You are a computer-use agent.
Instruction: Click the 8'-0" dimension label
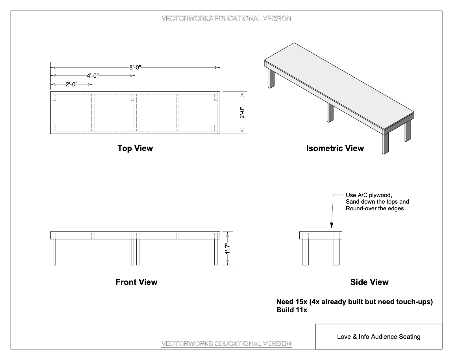(135, 67)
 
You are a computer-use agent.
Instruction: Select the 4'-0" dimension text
(93, 76)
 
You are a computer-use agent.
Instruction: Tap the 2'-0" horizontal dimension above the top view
(71, 84)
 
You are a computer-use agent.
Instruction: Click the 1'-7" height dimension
(228, 248)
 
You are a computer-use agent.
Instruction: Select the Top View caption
(135, 148)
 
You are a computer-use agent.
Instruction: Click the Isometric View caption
(335, 148)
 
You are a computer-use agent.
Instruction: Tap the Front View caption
(136, 282)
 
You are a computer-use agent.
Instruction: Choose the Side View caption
(369, 282)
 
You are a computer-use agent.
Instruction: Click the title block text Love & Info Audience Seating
(378, 337)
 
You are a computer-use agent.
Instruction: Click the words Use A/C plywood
(369, 195)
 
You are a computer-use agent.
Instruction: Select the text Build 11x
(291, 310)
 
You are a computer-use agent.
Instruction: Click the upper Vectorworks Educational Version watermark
(226, 19)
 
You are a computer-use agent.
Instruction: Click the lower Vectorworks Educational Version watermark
(226, 344)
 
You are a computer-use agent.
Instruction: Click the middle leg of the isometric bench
(330, 112)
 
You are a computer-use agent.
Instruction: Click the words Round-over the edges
(374, 209)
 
